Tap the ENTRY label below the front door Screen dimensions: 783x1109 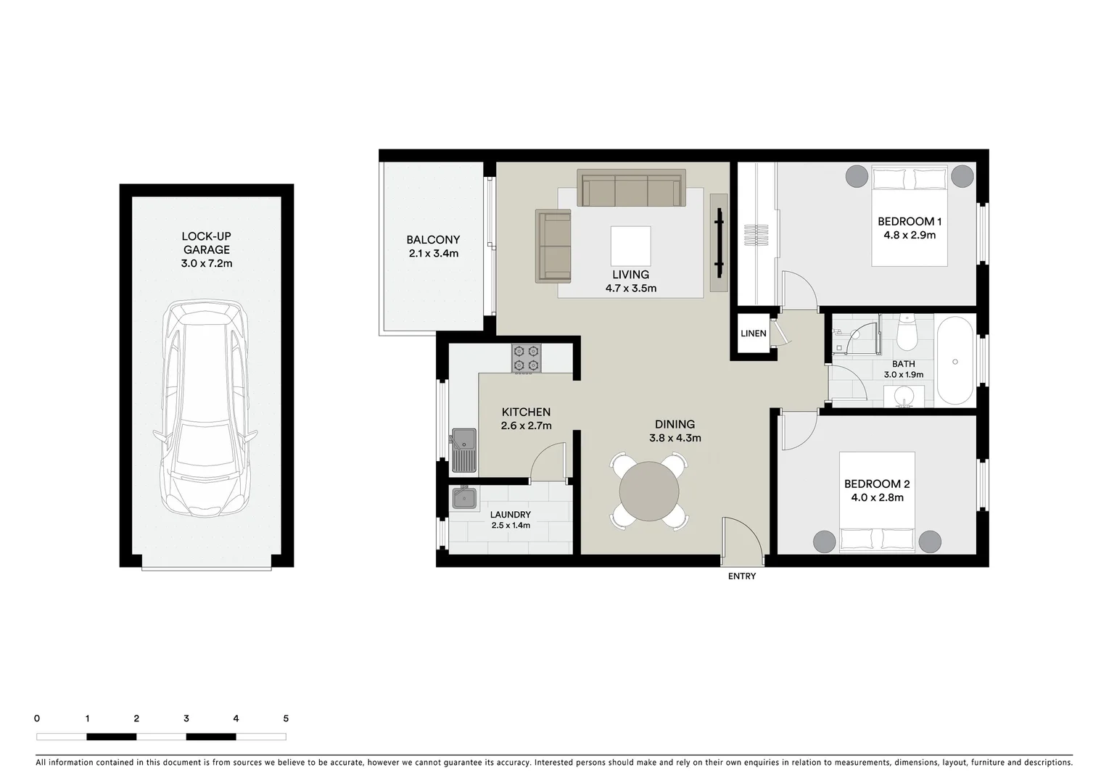pos(741,576)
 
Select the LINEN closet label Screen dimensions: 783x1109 pos(753,333)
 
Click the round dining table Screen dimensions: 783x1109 pos(649,490)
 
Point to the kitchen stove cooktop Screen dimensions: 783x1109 pos(526,358)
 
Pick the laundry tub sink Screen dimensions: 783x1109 pos(463,498)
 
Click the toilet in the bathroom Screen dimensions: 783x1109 pos(907,333)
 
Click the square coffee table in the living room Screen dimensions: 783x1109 pos(630,246)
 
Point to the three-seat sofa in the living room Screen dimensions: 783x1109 pos(630,188)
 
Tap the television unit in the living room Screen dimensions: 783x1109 pos(719,243)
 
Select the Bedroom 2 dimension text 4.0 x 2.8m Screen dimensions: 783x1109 pos(877,497)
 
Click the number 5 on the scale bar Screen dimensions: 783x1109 pos(286,718)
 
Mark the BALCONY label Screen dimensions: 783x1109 pos(433,239)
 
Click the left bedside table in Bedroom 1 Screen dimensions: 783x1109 pos(857,175)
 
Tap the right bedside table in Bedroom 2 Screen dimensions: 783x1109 pos(930,542)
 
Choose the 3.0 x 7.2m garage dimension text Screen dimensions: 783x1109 pos(207,263)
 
